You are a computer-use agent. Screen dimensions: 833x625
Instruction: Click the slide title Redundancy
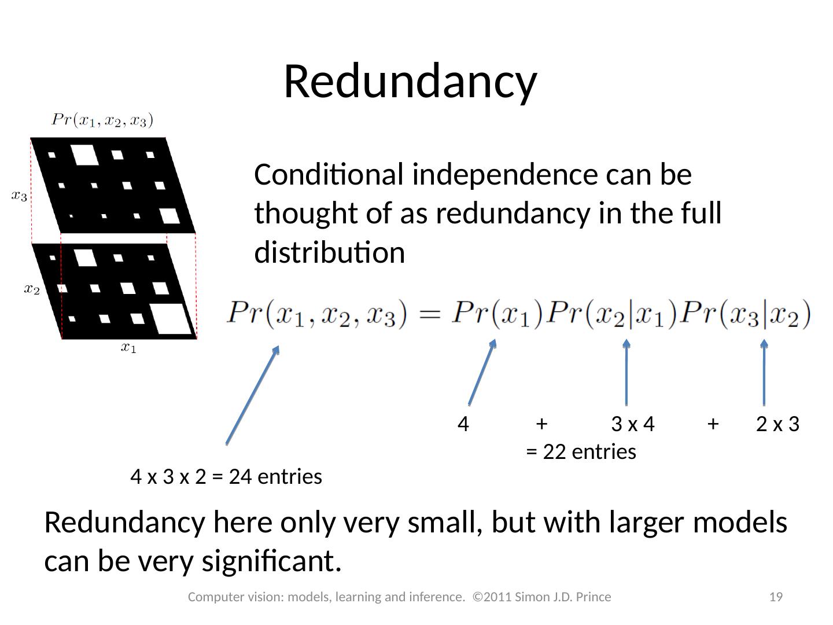[410, 82]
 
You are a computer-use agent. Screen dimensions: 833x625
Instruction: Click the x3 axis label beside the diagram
[19, 196]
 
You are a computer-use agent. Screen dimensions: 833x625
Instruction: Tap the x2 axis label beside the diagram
[32, 289]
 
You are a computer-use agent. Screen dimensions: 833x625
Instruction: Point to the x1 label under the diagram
[128, 347]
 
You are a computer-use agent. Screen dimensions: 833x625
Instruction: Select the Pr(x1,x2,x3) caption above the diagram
[102, 120]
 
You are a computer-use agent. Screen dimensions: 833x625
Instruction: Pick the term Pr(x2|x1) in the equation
[613, 314]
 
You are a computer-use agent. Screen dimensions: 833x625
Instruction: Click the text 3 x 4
[632, 424]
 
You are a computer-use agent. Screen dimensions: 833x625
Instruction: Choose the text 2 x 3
[777, 424]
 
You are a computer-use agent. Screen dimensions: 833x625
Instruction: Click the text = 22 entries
[581, 451]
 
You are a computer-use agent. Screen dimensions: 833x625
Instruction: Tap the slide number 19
[776, 597]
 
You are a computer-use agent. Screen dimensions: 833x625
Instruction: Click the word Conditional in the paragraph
[329, 175]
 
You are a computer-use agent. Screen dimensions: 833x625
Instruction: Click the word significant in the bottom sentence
[268, 561]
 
